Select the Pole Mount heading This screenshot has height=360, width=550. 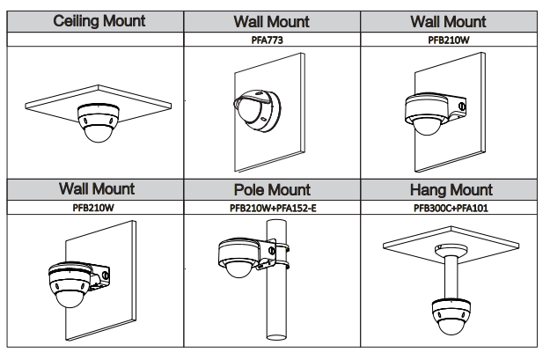tap(272, 190)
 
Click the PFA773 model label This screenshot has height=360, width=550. tap(272, 39)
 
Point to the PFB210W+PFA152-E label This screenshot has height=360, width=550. tap(272, 209)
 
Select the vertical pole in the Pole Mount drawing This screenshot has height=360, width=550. tap(278, 299)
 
